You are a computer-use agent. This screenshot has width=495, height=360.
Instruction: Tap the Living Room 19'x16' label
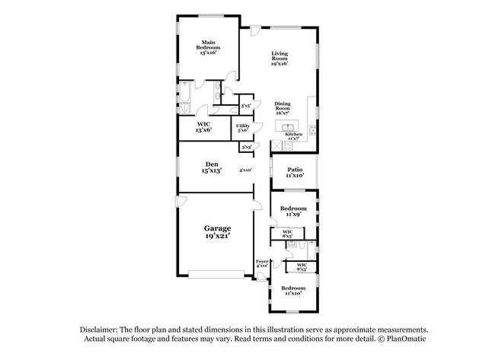[279, 59]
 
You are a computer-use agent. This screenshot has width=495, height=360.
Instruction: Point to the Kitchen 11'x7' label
[294, 136]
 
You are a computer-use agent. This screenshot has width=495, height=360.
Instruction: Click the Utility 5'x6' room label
[242, 128]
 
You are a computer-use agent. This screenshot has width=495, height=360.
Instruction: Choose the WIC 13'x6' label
[203, 126]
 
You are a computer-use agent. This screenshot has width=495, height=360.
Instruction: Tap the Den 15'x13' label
[212, 167]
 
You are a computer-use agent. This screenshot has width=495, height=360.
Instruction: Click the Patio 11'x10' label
[295, 172]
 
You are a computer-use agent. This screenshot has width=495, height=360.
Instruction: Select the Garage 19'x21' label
[217, 231]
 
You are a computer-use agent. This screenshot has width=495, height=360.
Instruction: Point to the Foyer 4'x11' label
[262, 263]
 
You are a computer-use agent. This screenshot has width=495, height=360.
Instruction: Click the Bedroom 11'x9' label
[293, 211]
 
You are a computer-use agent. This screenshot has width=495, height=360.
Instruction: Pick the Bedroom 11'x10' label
[293, 291]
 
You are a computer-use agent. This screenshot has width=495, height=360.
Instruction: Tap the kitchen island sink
[288, 127]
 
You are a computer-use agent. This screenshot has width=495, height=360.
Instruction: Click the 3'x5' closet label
[246, 107]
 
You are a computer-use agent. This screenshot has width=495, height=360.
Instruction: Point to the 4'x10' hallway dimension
[245, 170]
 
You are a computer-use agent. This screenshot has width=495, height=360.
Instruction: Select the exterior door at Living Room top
[255, 30]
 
